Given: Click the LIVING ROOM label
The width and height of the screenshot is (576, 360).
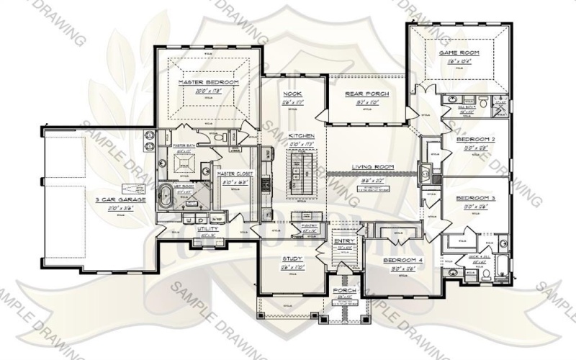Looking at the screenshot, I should point(370,167).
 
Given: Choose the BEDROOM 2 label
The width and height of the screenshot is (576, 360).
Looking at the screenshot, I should point(474,139).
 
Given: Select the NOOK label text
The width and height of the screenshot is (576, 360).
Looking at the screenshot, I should point(292,94).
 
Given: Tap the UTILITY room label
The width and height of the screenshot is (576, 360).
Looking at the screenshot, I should point(209,228).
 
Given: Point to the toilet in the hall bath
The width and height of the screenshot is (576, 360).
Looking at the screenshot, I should point(484,101).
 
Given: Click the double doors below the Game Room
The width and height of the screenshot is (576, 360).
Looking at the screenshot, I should point(426,89).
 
